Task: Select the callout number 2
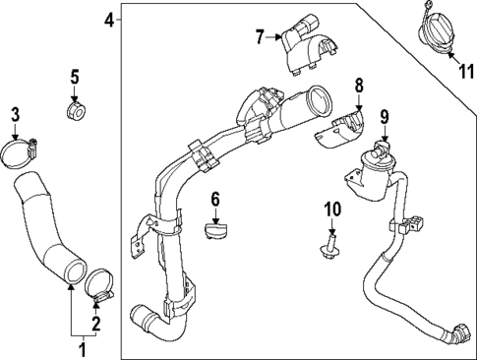(96, 324)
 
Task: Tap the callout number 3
(14, 115)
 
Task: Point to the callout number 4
(108, 19)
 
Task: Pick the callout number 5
(74, 75)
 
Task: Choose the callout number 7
(261, 38)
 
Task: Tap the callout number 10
(331, 209)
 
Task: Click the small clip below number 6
(214, 231)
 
